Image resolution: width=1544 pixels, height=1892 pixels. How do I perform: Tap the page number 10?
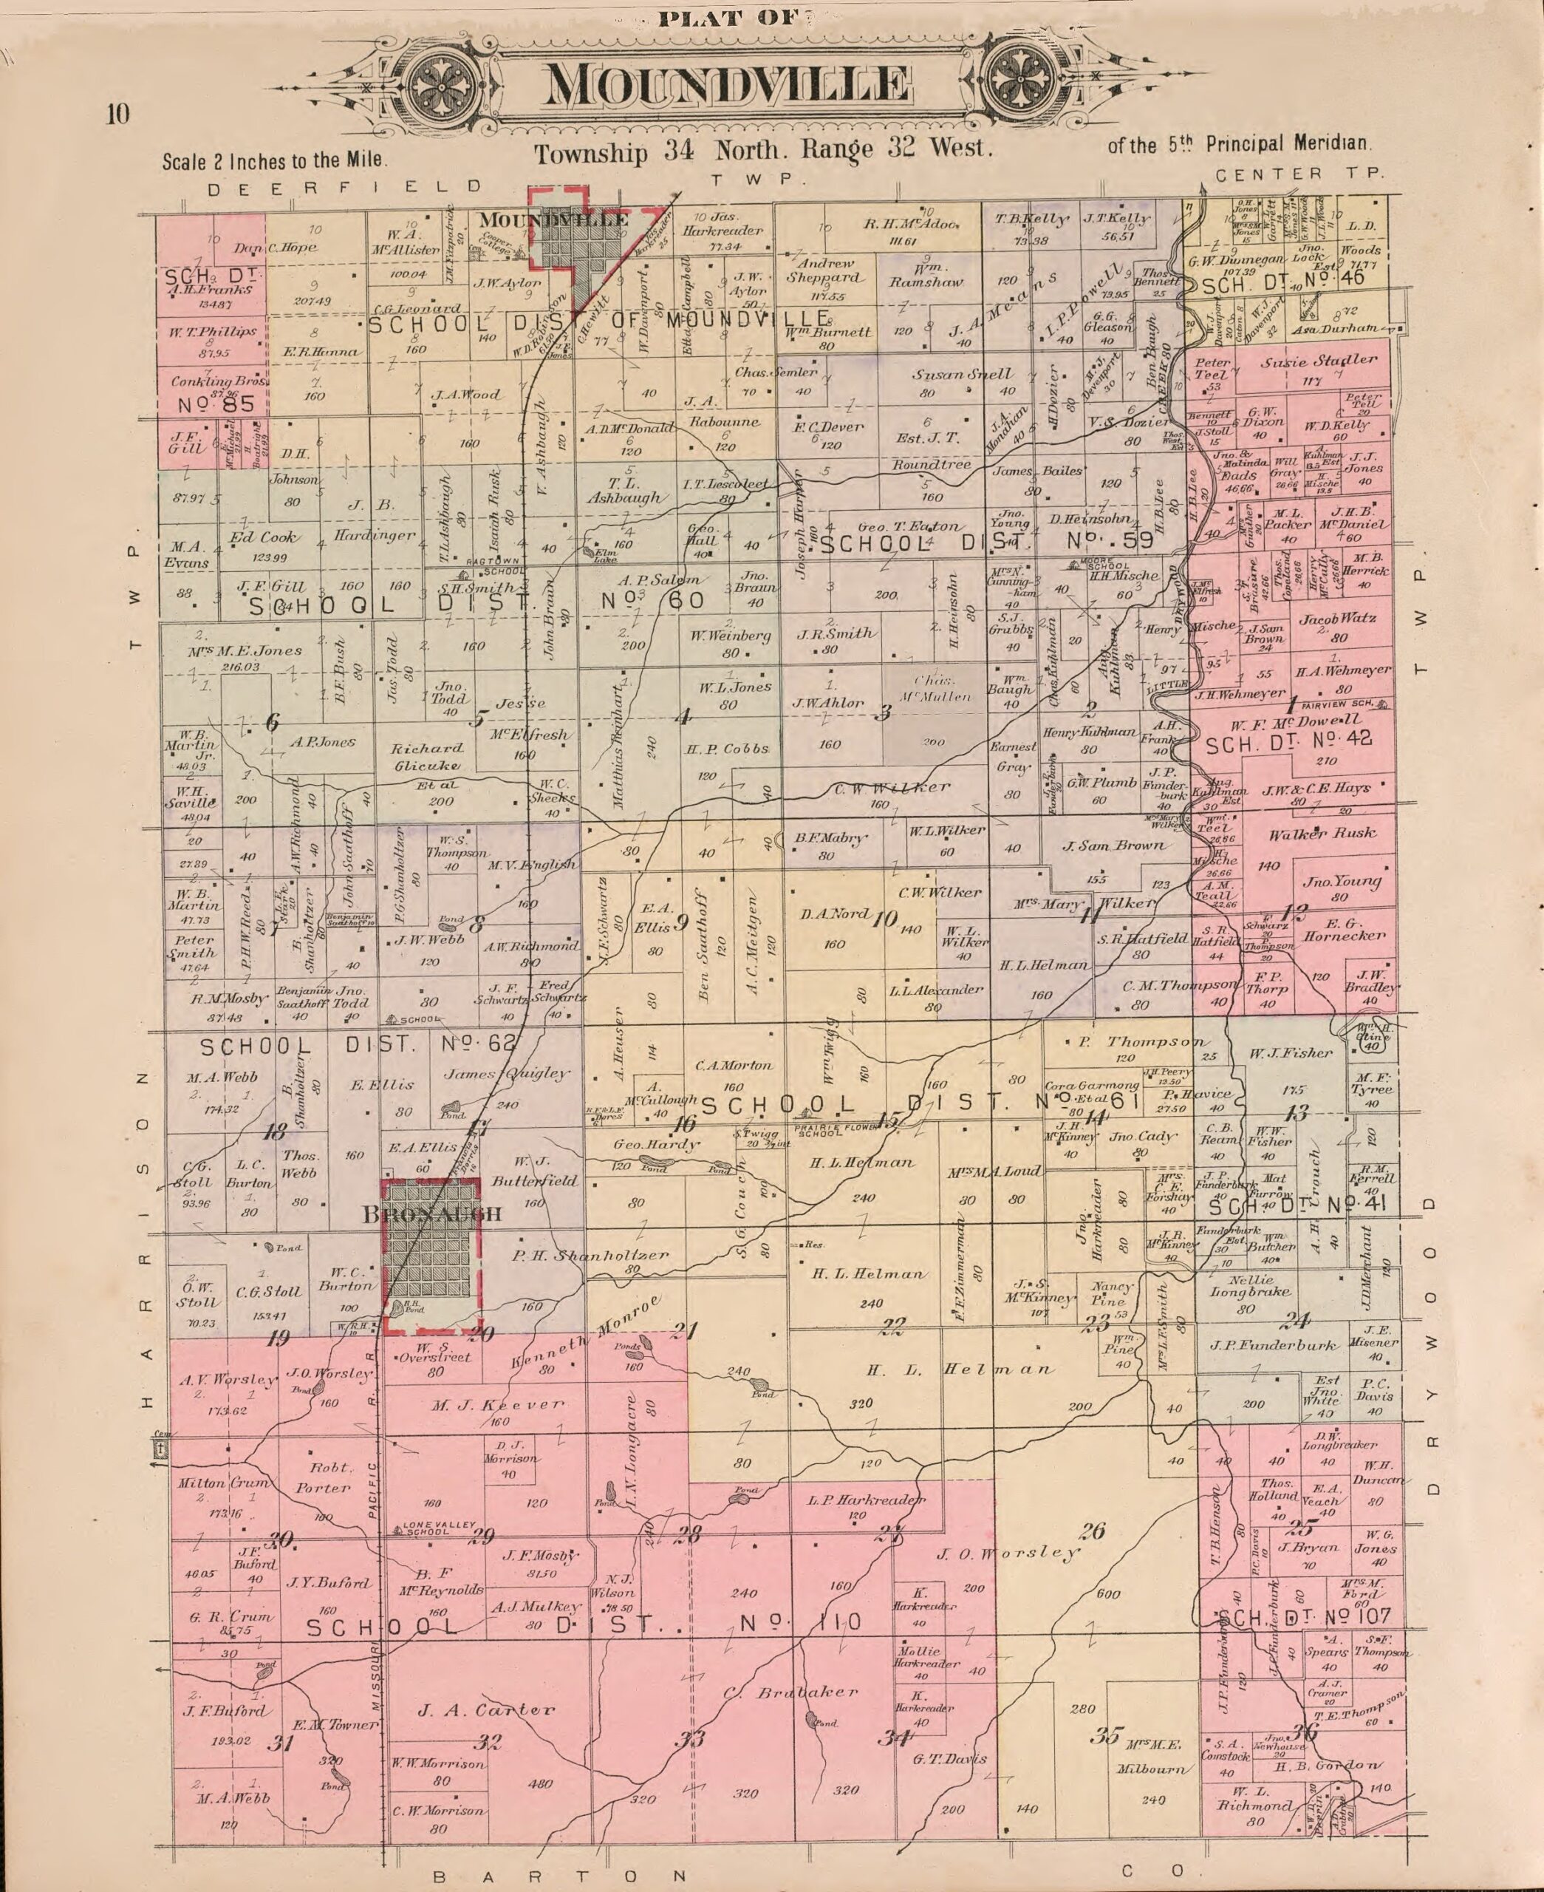tap(117, 114)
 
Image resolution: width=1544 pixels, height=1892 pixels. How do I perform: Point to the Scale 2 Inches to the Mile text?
tap(275, 161)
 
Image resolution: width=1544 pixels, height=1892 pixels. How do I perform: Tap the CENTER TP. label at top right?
tap(1299, 174)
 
